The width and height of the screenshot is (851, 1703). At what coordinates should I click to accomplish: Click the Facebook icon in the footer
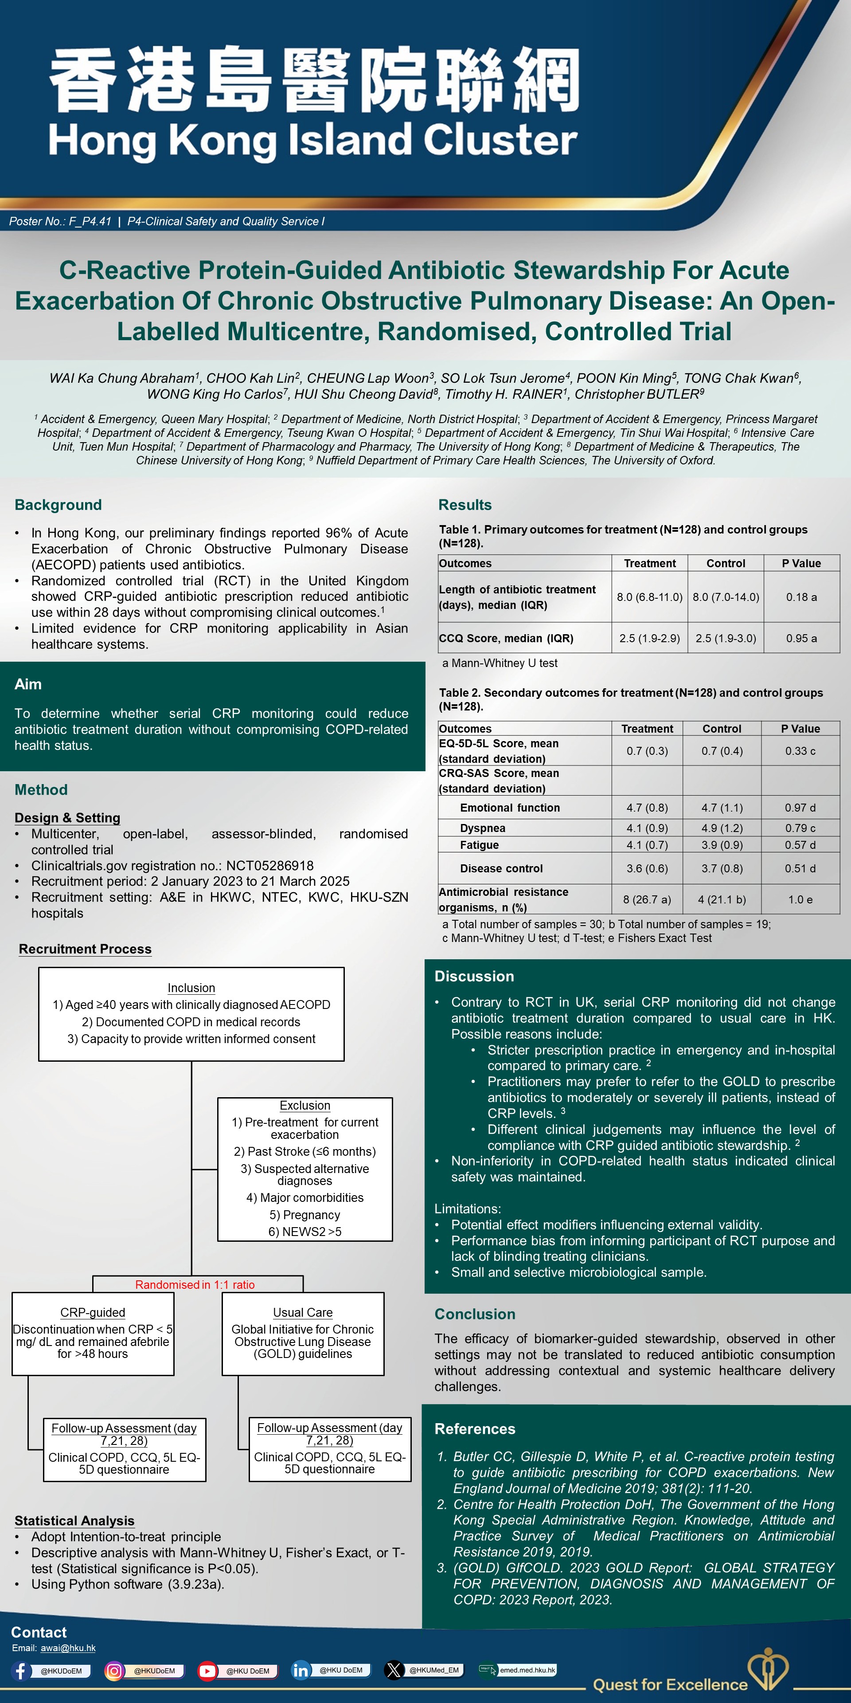20,1671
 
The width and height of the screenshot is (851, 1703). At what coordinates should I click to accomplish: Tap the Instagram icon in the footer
114,1671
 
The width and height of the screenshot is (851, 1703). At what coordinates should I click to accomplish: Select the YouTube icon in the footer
207,1671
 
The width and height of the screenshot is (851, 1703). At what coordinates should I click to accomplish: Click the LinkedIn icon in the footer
301,1671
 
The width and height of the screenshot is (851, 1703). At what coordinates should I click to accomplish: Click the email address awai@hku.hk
68,1648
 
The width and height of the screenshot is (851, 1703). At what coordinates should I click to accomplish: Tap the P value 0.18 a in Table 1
801,597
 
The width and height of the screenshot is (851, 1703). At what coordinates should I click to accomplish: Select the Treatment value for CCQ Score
649,638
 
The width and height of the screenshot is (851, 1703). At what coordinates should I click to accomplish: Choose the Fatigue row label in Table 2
479,845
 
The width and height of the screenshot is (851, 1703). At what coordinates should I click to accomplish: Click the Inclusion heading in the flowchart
191,988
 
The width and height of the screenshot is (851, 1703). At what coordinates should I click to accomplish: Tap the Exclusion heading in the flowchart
304,1105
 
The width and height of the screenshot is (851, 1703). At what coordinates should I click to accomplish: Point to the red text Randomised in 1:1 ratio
195,1284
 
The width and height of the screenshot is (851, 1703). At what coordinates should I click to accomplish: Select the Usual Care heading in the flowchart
303,1312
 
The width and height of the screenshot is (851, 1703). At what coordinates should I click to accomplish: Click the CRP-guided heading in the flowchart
93,1312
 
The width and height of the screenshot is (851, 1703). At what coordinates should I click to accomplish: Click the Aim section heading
28,684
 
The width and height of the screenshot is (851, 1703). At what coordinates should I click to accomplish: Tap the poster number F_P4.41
90,221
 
